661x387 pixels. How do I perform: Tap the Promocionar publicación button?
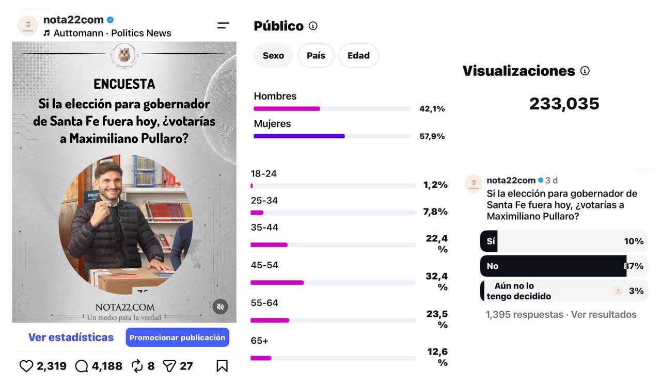tap(177, 337)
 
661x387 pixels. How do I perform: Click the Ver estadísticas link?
tap(71, 337)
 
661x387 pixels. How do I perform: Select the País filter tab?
tap(316, 55)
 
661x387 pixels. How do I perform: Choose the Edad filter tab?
tap(358, 55)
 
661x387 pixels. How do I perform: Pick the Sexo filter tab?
tap(273, 55)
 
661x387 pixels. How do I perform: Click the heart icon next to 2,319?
tap(26, 366)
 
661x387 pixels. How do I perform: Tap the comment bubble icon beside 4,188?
tap(82, 366)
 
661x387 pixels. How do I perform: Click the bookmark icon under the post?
tap(222, 366)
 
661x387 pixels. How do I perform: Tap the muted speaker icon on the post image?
tap(220, 307)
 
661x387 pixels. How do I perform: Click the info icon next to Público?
tap(313, 26)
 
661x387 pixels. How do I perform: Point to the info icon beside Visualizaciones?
tap(585, 71)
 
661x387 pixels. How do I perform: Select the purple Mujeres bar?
tap(299, 136)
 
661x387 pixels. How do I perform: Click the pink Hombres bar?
tap(287, 108)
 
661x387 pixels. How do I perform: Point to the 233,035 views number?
tap(564, 104)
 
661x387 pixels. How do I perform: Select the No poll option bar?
tap(553, 266)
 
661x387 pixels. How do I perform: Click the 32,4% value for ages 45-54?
tap(437, 281)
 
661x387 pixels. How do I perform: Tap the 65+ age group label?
tap(259, 341)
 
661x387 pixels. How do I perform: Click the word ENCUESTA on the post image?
tap(124, 84)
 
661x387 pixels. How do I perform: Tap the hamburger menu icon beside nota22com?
tap(223, 26)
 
